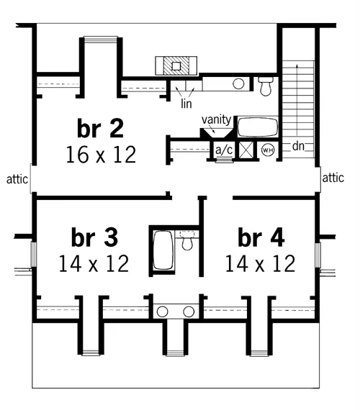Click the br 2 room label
pos(100,128)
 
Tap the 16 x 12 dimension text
pos(101,155)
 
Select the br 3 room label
pos(94,237)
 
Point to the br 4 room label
pos(261,237)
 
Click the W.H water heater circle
pos(268,150)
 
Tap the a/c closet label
pos(224,150)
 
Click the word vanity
pos(216,119)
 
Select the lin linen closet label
pos(186,104)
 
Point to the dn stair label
pos(298,146)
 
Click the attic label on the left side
pos(17,179)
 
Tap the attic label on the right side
pos(333,178)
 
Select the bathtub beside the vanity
pos(258,127)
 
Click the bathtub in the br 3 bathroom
pos(163,250)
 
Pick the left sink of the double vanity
pos(162,311)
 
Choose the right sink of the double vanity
pos(189,311)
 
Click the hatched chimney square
pos(176,65)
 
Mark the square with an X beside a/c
pos(246,150)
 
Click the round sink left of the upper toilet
pos(238,84)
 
